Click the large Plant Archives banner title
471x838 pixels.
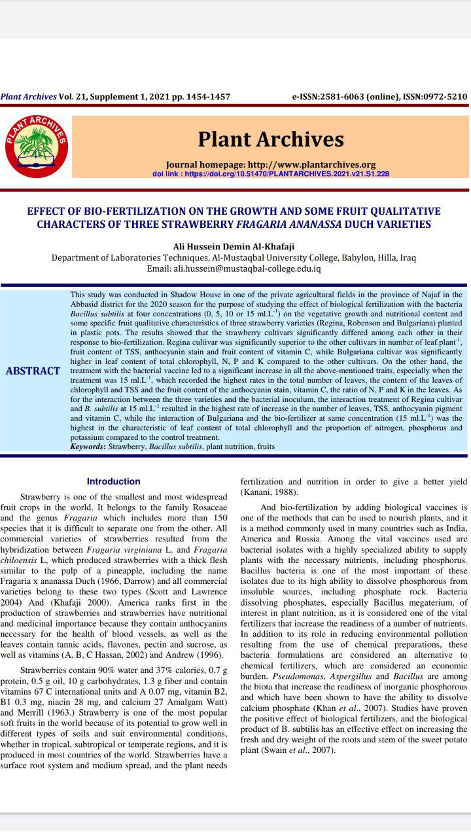270,139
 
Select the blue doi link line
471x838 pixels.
270,174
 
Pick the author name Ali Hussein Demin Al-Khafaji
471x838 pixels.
234,246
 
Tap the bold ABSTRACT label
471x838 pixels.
33,371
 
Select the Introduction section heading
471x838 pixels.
113,481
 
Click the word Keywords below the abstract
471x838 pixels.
88,446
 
